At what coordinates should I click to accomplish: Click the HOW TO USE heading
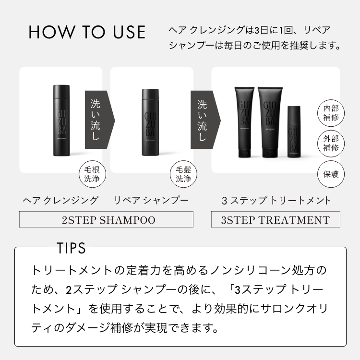click(87, 32)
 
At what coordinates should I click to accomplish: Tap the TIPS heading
click(72, 248)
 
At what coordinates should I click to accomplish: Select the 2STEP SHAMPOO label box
click(106, 220)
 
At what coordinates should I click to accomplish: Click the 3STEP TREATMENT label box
click(276, 220)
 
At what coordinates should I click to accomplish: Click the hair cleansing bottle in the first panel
click(61, 122)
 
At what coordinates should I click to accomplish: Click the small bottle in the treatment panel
click(294, 132)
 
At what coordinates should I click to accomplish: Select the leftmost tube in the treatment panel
click(244, 122)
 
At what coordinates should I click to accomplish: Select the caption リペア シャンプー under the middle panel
click(151, 200)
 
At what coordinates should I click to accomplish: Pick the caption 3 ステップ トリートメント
click(276, 200)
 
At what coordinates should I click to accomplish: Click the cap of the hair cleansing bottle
click(61, 90)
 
